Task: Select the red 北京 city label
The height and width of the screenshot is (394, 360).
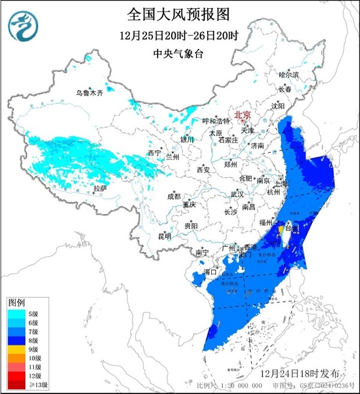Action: (242, 114)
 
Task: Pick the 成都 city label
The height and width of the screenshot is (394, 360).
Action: (173, 196)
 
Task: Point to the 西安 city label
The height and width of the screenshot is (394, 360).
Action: (203, 170)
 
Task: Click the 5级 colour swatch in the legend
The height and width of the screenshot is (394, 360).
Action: (17, 312)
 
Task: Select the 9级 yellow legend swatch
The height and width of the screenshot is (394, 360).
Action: (17, 349)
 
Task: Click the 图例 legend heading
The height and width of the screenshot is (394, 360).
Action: (16, 301)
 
